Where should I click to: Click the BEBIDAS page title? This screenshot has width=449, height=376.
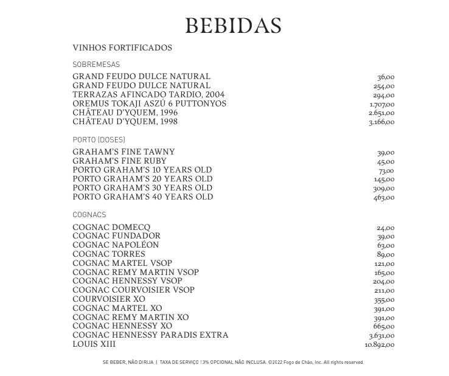coord(233,26)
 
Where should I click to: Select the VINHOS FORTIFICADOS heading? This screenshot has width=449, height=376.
coord(122,47)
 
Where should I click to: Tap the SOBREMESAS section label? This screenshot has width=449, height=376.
coord(96,64)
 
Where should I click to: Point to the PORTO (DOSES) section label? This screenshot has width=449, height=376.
coord(99,140)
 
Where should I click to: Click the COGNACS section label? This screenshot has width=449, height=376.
coord(89,215)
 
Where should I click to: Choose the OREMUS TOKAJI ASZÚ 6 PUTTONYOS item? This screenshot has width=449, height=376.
coord(149,103)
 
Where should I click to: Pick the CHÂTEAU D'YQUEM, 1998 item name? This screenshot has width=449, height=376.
coord(125,122)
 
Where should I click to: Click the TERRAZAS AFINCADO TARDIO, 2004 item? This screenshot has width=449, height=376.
coord(148,95)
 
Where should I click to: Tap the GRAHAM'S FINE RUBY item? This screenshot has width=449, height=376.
coord(119,161)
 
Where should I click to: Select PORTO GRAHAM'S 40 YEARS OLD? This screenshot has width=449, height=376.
coord(142,197)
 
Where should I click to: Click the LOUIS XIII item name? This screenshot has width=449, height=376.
coord(94,344)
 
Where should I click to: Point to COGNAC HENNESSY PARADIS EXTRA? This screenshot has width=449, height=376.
coord(150,335)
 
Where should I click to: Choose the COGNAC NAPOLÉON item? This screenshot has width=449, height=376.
coord(116,245)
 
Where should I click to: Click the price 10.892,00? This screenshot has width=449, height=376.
coord(380,345)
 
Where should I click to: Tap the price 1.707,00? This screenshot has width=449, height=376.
coord(381,105)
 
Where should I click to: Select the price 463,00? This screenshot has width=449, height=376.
coord(384,198)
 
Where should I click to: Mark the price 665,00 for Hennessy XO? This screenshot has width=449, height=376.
coord(384,327)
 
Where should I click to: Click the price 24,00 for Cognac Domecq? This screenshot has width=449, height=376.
coord(385,228)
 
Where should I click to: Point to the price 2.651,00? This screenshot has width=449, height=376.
coord(381,113)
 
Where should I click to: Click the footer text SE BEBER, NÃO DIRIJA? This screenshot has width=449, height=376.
coord(128,363)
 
